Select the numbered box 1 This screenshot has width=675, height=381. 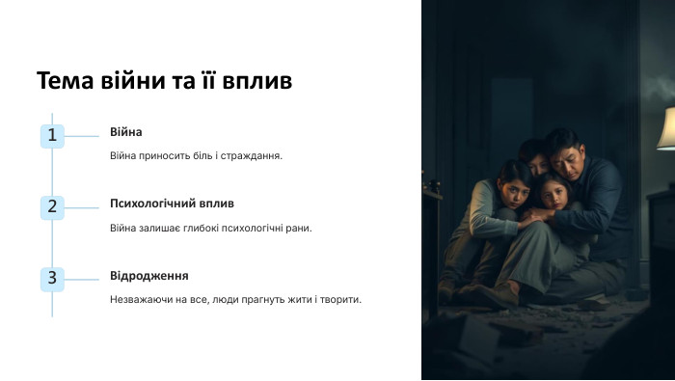(x=52, y=135)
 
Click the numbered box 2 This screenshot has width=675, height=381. (x=52, y=207)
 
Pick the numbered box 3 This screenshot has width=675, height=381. (x=52, y=279)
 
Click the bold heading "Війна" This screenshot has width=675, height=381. (x=125, y=132)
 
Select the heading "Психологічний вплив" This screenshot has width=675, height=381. (x=172, y=204)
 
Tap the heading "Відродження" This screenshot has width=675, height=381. (x=148, y=276)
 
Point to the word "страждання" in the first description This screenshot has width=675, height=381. (x=253, y=155)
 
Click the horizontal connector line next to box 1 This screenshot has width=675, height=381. (x=82, y=135)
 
